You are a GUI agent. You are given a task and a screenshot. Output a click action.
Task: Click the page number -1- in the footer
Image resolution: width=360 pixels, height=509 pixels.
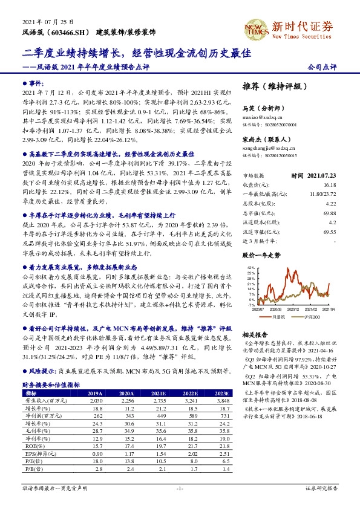coord(180,488)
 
